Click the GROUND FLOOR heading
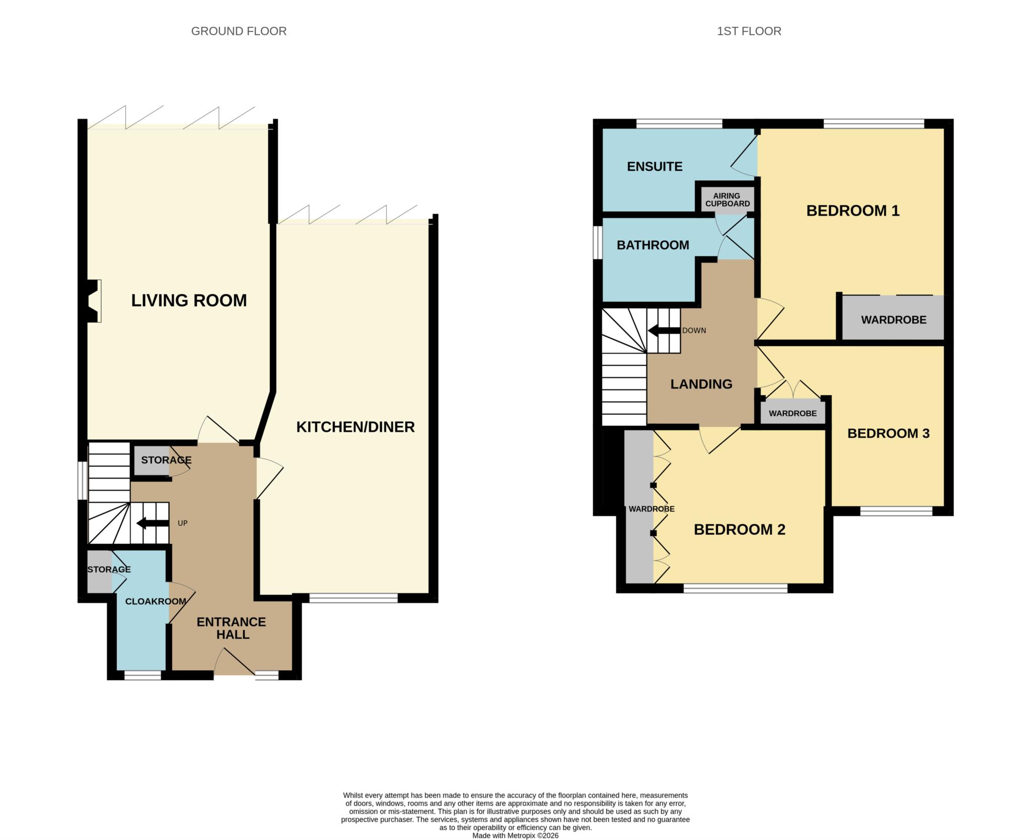(x=239, y=31)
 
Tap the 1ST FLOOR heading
(x=749, y=31)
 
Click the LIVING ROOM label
(x=189, y=300)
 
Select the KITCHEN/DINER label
(x=355, y=427)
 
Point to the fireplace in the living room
(x=94, y=301)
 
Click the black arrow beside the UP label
(x=153, y=523)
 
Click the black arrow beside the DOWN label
(x=664, y=331)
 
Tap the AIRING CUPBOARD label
(x=727, y=200)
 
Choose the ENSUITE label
(x=654, y=166)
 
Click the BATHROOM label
(x=653, y=245)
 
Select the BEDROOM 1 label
(x=853, y=211)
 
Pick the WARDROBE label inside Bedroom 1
(x=894, y=319)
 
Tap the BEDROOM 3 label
(x=889, y=433)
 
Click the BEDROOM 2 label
(x=740, y=529)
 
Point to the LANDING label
(x=701, y=384)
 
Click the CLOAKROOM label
(x=156, y=601)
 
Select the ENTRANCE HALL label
(x=232, y=628)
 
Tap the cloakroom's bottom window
(x=143, y=675)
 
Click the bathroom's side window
(x=598, y=242)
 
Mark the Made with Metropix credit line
(x=515, y=835)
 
